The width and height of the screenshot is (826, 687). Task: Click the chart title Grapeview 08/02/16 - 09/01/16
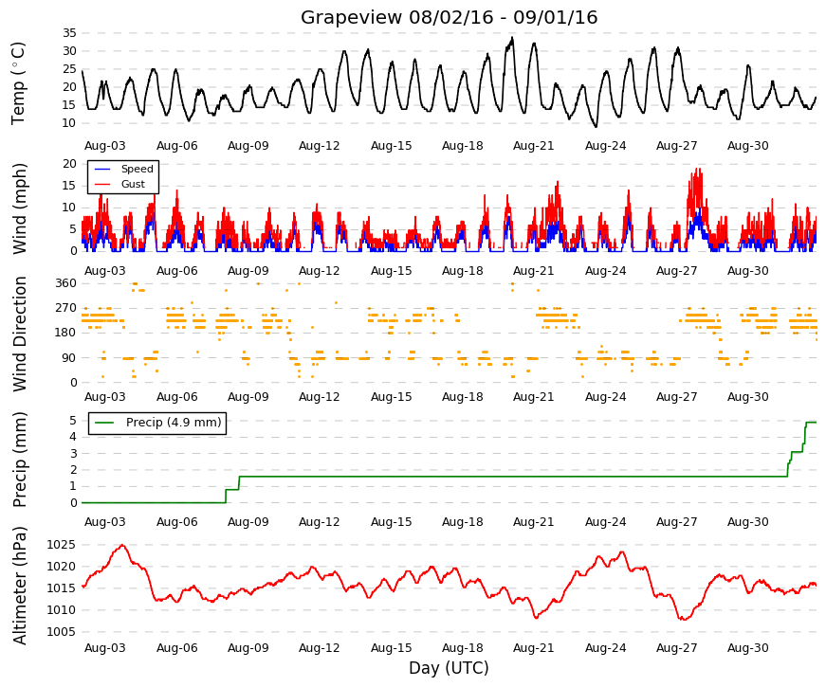(449, 17)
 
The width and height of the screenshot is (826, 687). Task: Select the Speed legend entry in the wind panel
(137, 169)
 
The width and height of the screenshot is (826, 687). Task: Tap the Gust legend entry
(133, 184)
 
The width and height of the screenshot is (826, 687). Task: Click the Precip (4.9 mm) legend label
(174, 423)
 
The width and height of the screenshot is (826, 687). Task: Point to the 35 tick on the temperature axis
(69, 33)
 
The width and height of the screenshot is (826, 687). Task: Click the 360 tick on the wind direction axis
(65, 283)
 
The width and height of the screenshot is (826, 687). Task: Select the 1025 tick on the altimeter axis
(61, 545)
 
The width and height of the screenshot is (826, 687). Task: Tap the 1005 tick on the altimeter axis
(61, 632)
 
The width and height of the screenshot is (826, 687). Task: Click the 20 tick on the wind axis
(69, 164)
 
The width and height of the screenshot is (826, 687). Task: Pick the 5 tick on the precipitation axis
(73, 421)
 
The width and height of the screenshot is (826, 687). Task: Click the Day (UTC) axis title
(449, 668)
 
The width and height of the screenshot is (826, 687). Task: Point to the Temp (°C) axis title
(18, 83)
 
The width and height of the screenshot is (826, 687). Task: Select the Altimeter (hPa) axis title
(19, 586)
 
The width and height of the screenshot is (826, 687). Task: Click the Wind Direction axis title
(19, 334)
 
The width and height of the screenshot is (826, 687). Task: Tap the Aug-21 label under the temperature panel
(534, 146)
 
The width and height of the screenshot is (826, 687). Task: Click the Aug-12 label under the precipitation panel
(320, 522)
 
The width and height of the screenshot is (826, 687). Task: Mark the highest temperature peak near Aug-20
(512, 38)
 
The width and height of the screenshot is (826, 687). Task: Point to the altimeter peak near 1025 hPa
(122, 546)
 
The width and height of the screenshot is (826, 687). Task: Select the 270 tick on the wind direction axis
(65, 308)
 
